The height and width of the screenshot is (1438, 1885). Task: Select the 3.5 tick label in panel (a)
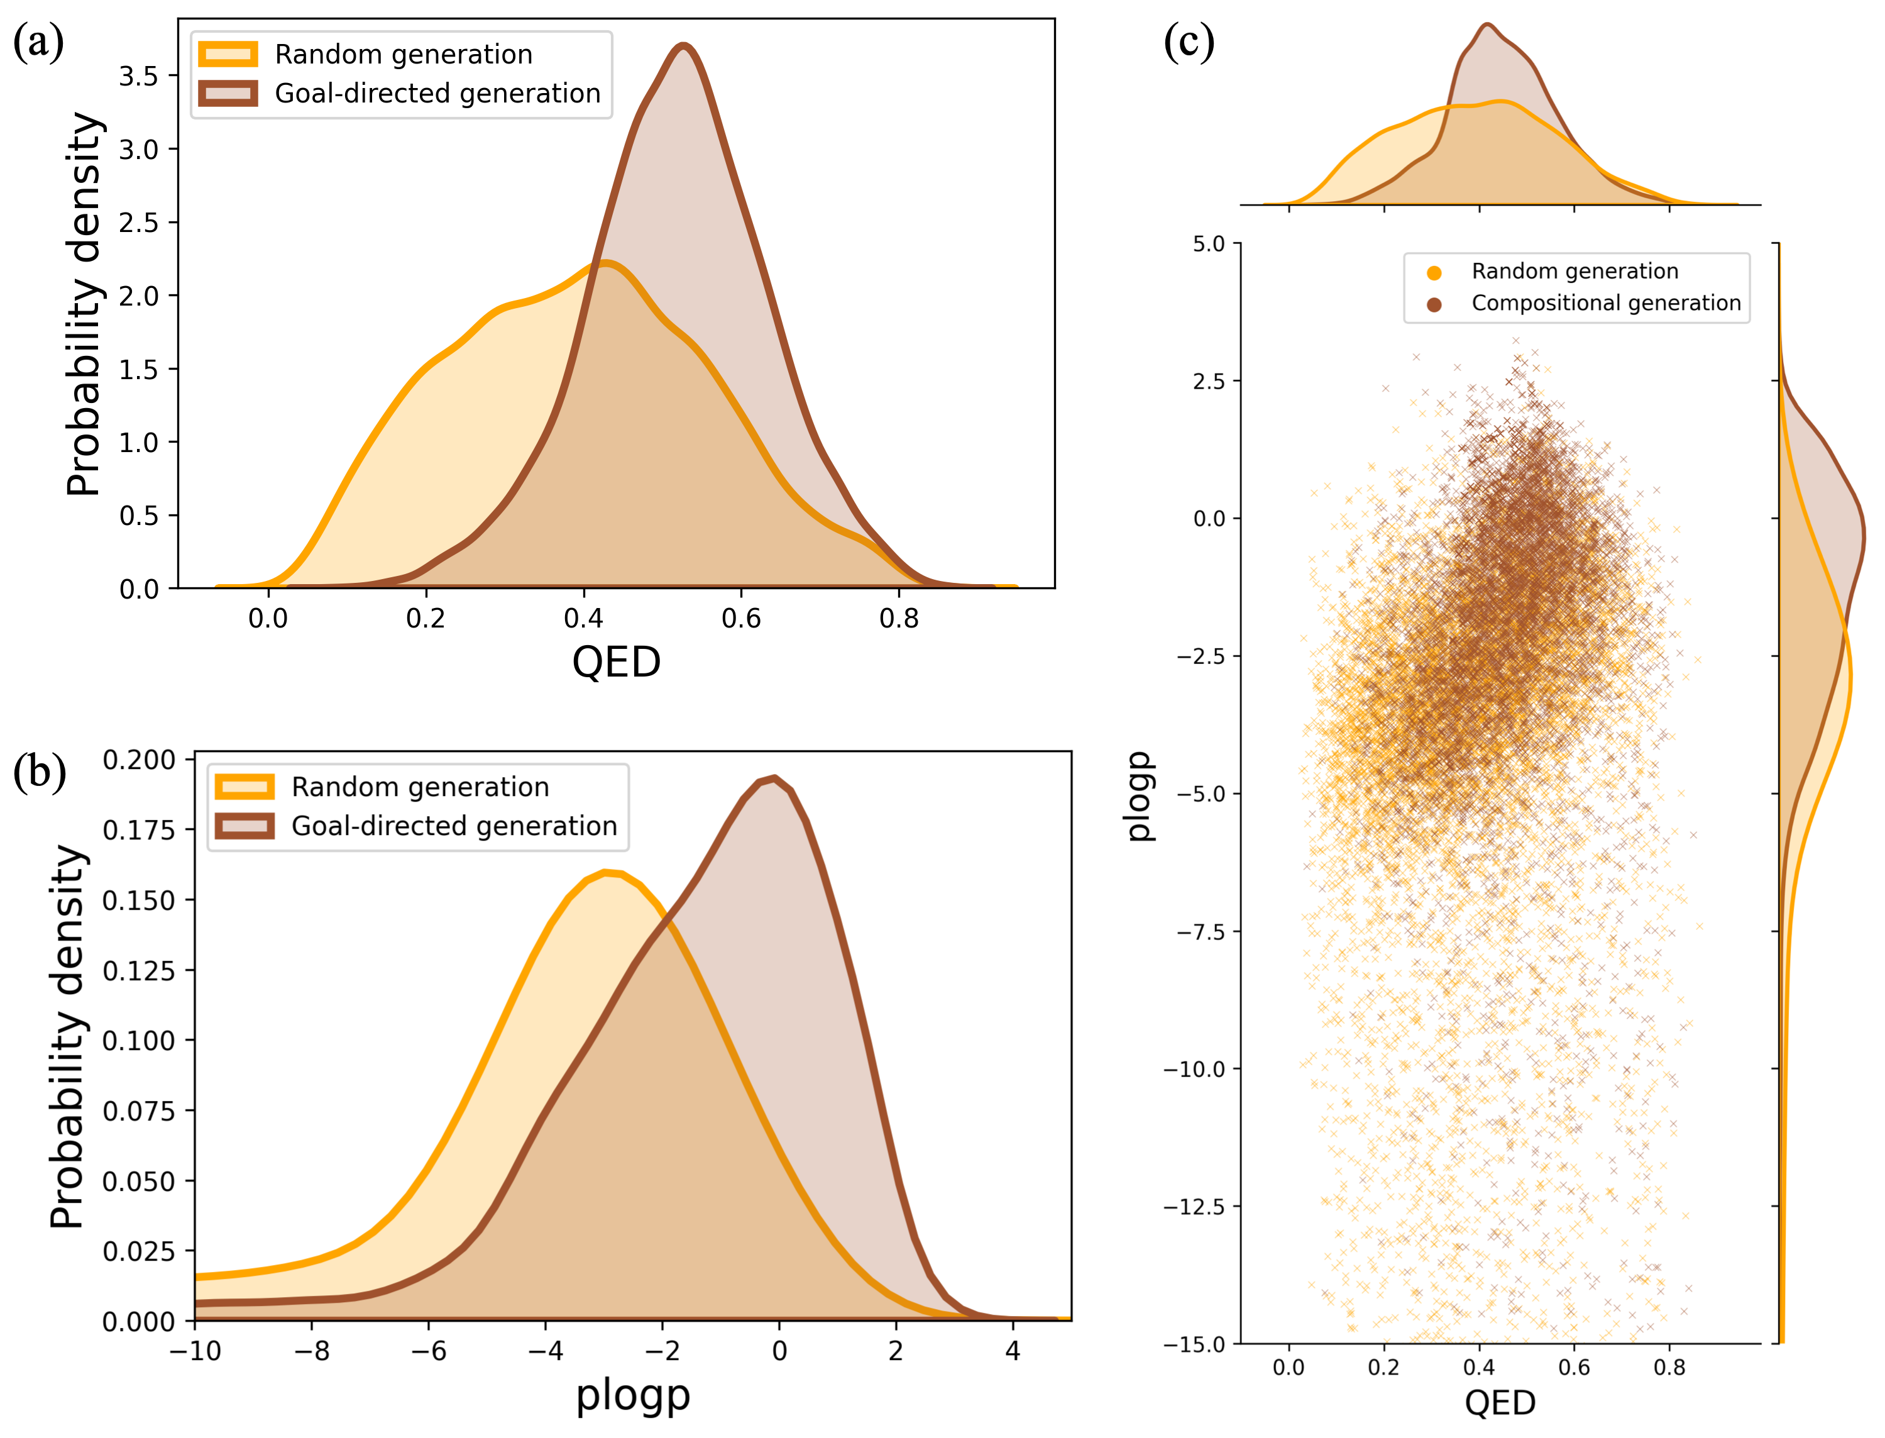(139, 76)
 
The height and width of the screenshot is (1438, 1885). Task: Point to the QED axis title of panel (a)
(616, 661)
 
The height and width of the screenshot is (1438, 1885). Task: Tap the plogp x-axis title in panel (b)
(632, 1395)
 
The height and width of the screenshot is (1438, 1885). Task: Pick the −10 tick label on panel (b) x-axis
(195, 1351)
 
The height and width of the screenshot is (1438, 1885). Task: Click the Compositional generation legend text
(1605, 303)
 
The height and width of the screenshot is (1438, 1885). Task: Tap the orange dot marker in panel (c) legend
(1435, 273)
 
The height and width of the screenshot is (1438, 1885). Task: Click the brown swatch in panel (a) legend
(228, 93)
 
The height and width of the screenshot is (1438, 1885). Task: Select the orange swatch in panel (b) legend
(245, 787)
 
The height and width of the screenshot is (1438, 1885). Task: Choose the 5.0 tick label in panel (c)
(1209, 244)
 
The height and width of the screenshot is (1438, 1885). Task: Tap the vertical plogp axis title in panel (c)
(1139, 796)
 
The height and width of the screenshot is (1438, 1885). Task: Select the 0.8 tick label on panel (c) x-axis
(1669, 1368)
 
